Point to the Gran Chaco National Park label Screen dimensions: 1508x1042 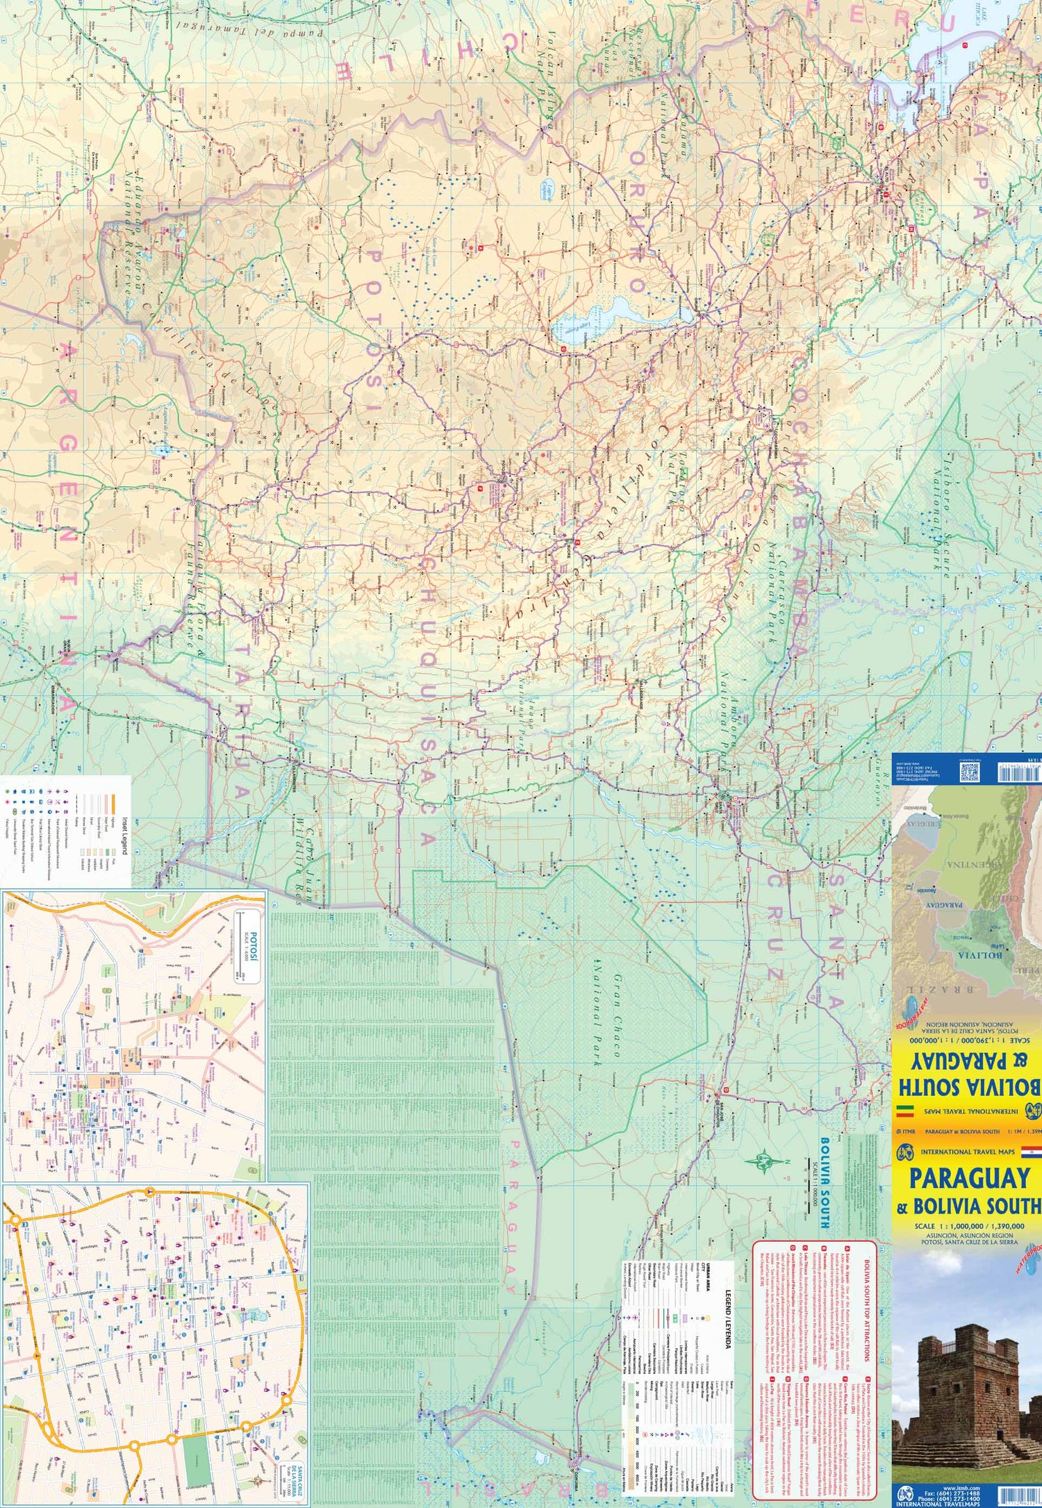point(604,1014)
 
